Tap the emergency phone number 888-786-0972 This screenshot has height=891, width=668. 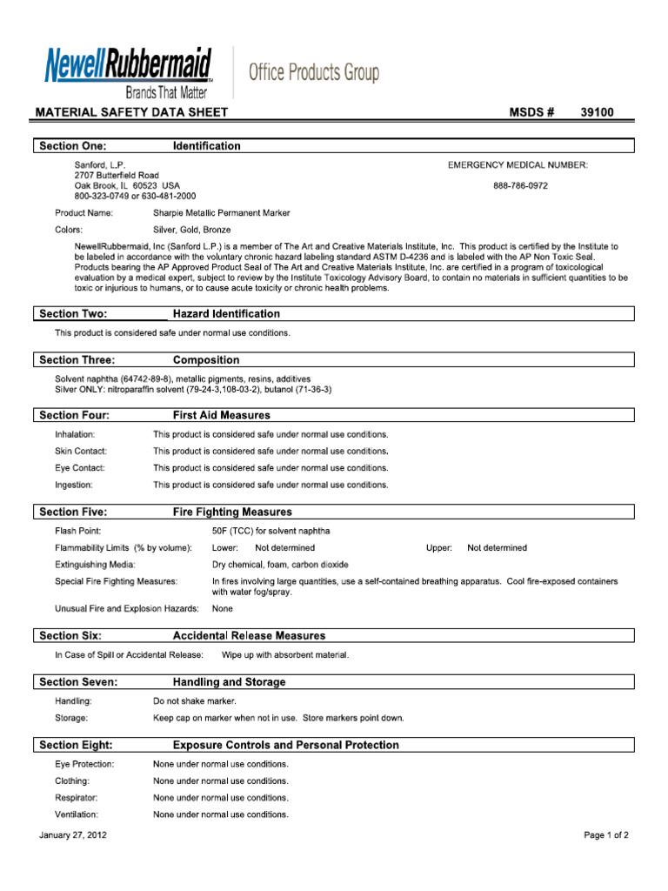(x=520, y=185)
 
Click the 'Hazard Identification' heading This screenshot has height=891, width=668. (x=226, y=313)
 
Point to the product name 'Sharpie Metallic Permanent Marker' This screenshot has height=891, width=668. (x=222, y=213)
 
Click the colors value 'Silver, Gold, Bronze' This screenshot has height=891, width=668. (x=193, y=230)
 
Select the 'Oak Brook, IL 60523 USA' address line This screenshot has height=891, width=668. (x=127, y=185)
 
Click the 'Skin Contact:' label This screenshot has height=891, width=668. (x=81, y=452)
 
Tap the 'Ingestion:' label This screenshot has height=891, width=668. (x=73, y=485)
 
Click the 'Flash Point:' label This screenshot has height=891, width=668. (x=78, y=531)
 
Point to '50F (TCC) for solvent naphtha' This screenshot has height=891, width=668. (x=271, y=531)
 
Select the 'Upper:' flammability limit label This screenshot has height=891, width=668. (x=439, y=548)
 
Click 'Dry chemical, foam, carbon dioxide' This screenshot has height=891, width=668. (x=280, y=565)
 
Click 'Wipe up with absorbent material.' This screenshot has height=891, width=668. (x=285, y=654)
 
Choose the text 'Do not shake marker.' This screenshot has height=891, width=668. (x=195, y=701)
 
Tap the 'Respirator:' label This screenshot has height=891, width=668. (x=77, y=798)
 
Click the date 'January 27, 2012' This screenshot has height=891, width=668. (x=73, y=835)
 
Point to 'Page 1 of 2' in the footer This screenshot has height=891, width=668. (x=605, y=835)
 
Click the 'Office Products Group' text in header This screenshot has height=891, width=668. (x=314, y=73)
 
